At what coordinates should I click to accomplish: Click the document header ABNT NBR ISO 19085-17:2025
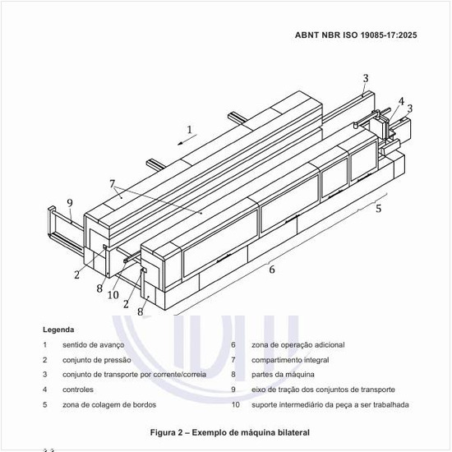[x=356, y=35]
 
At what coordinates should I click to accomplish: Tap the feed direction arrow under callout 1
[x=187, y=139]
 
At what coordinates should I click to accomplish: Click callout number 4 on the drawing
[x=401, y=101]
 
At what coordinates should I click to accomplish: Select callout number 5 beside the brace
[x=379, y=209]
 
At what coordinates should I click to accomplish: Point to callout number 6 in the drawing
[x=272, y=270]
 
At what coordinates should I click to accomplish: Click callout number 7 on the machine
[x=113, y=183]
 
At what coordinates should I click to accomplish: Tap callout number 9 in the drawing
[x=70, y=203]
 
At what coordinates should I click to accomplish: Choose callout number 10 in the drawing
[x=113, y=295]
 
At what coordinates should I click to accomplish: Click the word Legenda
[x=58, y=330]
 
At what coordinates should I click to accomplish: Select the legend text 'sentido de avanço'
[x=94, y=345]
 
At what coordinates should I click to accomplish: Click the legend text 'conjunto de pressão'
[x=97, y=360]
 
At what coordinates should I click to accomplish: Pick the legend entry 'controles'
[x=78, y=390]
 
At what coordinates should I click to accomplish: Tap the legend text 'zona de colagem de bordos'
[x=109, y=404]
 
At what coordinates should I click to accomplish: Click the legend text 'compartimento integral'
[x=290, y=360]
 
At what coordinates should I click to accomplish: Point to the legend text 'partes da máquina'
[x=283, y=375]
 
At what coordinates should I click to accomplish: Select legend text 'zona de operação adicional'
[x=298, y=345]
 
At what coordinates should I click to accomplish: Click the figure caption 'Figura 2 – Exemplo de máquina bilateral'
[x=230, y=432]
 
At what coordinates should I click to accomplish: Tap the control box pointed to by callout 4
[x=381, y=127]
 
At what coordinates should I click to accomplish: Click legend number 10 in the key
[x=236, y=404]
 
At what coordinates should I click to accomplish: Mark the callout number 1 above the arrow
[x=189, y=130]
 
